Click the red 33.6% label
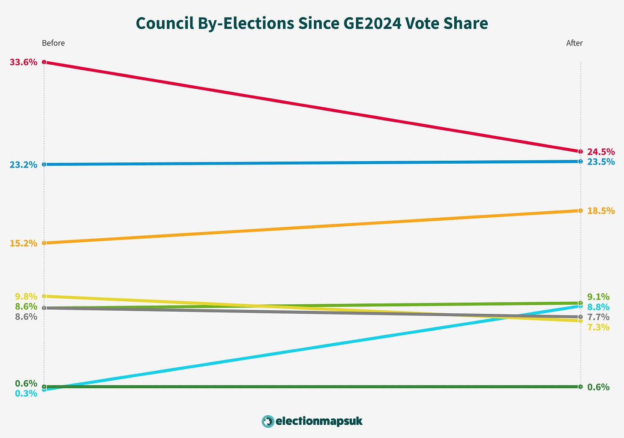[23, 62]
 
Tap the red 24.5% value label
[601, 152]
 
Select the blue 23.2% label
[23, 165]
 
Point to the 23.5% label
[601, 162]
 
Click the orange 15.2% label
[23, 243]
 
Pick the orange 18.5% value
[601, 211]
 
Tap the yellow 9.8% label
[26, 297]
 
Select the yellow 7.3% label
[598, 327]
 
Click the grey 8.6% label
[26, 317]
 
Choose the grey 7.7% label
[598, 317]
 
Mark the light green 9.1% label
[598, 297]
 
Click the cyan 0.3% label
[26, 393]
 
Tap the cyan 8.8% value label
[598, 307]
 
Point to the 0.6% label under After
[598, 387]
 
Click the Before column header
[53, 43]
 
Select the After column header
[574, 43]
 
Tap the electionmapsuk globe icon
[267, 421]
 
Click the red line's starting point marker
[44, 62]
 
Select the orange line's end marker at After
[580, 210]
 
